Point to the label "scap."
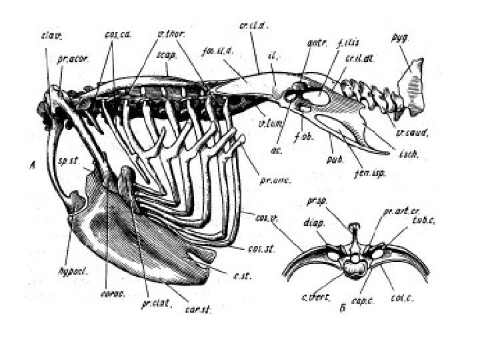(x=167, y=57)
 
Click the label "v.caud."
(x=407, y=132)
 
